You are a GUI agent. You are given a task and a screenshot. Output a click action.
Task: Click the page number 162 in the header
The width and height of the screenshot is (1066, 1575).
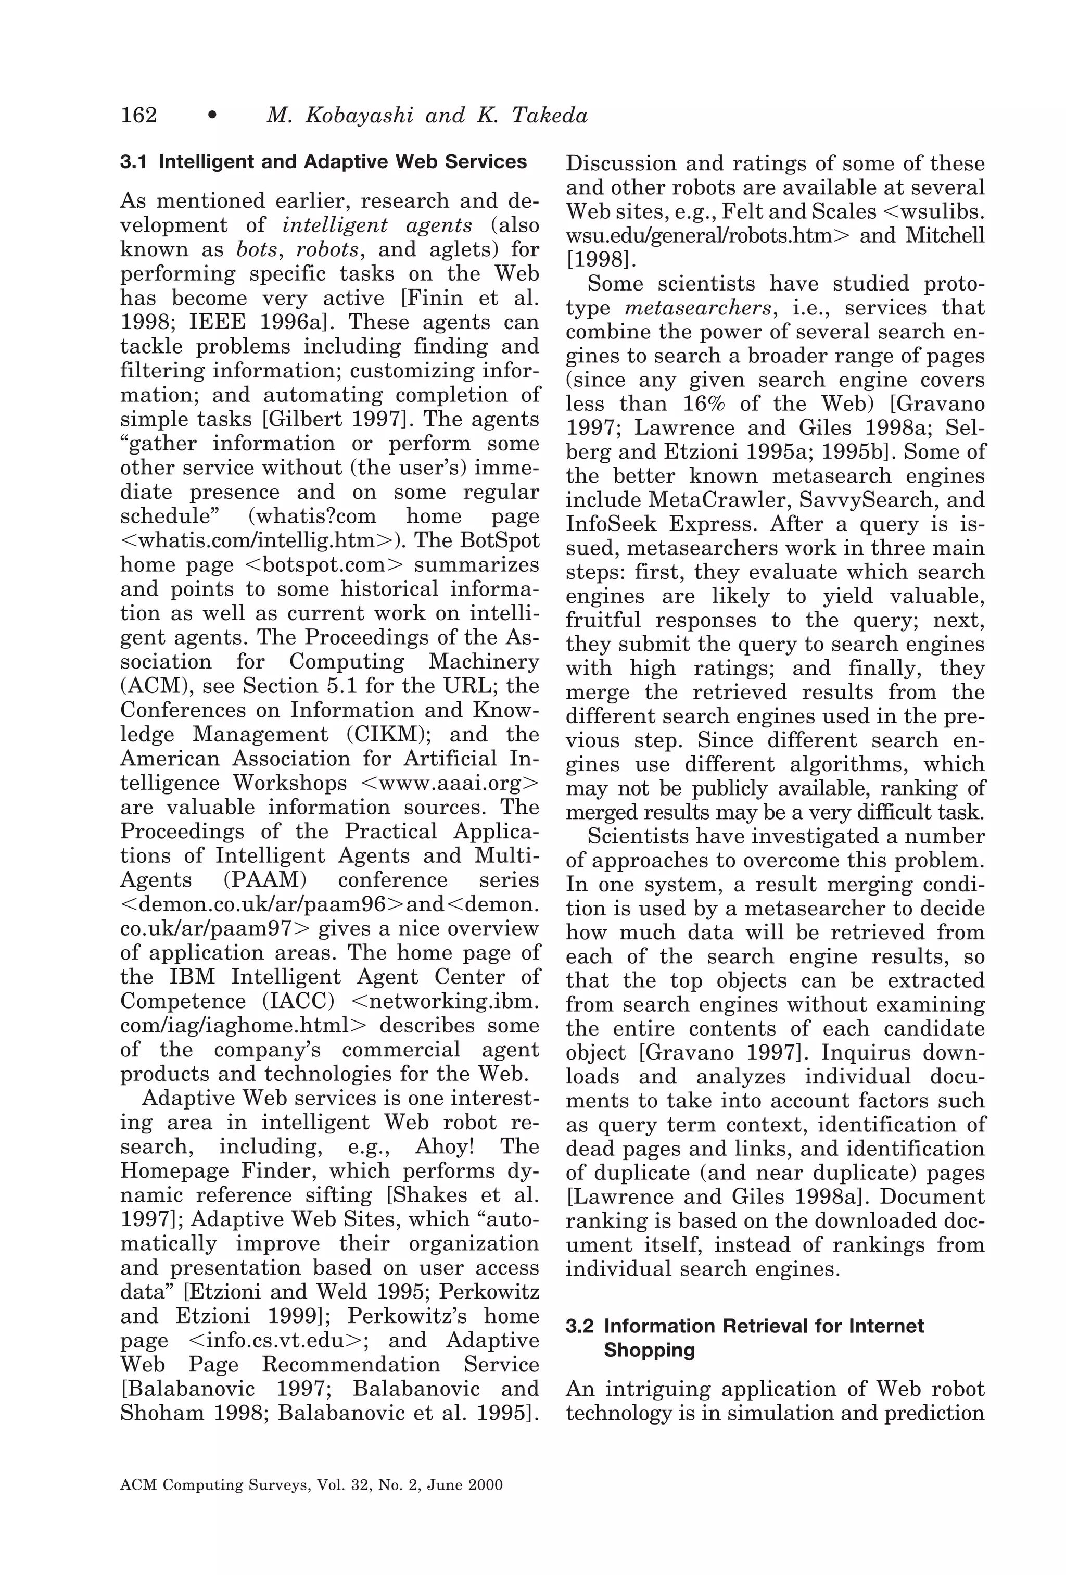point(138,115)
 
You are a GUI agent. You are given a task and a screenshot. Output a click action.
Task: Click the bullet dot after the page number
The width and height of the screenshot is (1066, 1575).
point(212,117)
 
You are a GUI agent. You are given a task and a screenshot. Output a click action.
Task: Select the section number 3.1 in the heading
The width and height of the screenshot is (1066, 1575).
point(133,162)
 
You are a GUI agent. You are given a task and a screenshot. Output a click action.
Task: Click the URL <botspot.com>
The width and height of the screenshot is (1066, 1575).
point(322,564)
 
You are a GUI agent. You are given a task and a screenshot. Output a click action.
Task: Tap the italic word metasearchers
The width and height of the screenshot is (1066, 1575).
point(698,308)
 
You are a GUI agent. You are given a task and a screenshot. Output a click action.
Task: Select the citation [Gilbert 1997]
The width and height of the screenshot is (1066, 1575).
point(334,419)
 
